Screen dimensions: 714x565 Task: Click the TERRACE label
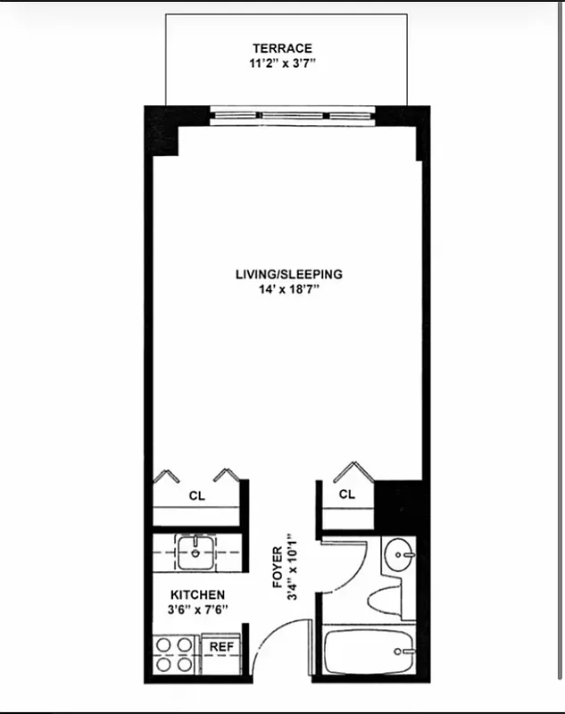pos(282,48)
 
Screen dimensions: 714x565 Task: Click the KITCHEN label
pos(197,594)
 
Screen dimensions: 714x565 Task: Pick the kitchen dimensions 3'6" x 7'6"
pos(197,610)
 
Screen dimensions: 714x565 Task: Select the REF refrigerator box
pos(220,647)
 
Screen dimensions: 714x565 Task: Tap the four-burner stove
pos(174,654)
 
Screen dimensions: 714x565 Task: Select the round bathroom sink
pos(398,556)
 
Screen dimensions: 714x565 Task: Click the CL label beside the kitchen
pos(196,495)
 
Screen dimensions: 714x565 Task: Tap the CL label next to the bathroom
pos(346,494)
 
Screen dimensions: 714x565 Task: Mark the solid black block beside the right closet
pos(398,505)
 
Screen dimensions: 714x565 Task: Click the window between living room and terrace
pos(295,113)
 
